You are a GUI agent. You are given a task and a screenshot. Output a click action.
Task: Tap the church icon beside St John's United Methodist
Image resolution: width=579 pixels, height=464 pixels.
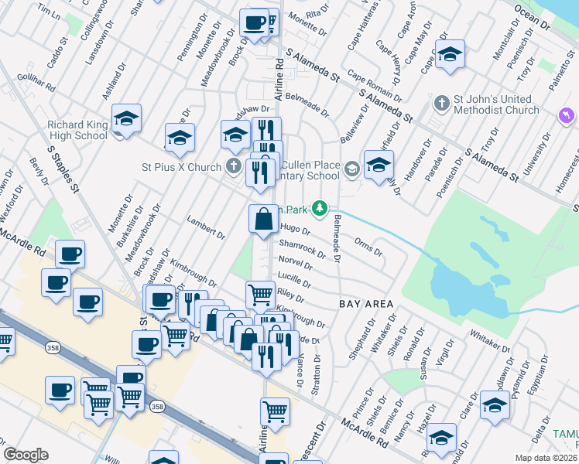(441, 103)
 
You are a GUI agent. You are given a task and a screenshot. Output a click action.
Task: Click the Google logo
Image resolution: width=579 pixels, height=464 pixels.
(26, 455)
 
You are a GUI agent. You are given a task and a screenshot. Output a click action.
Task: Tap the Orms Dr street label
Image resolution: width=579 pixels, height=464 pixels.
(368, 246)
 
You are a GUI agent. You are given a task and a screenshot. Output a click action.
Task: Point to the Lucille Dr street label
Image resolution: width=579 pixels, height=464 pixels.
(294, 280)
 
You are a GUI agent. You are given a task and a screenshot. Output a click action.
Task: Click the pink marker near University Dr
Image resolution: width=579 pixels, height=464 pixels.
(567, 115)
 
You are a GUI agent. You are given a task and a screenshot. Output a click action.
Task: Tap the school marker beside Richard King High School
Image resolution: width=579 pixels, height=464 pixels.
(126, 118)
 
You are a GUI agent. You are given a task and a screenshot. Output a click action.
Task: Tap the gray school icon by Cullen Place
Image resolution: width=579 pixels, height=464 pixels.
(351, 168)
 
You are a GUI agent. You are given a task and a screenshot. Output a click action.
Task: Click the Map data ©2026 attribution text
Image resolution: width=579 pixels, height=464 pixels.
(546, 458)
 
